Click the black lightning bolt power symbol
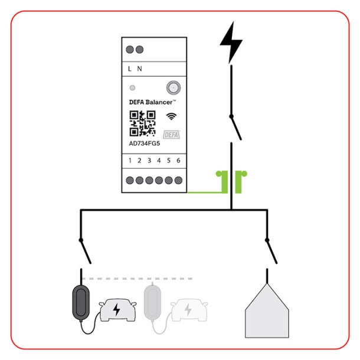click(x=231, y=42)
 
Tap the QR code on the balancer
click(x=142, y=123)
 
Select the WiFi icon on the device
click(x=171, y=116)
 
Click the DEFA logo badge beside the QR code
click(x=172, y=135)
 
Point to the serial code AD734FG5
click(x=145, y=143)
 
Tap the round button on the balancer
click(x=174, y=87)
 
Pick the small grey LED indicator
click(x=132, y=88)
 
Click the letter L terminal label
click(x=130, y=68)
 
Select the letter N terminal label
click(x=139, y=68)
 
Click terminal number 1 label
click(x=130, y=161)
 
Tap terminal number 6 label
click(x=178, y=161)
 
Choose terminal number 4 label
click(x=159, y=161)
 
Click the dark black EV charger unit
click(x=81, y=302)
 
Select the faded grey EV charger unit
click(x=152, y=302)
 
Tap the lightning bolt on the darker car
click(x=117, y=310)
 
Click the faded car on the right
click(x=189, y=310)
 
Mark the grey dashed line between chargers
click(x=137, y=279)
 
